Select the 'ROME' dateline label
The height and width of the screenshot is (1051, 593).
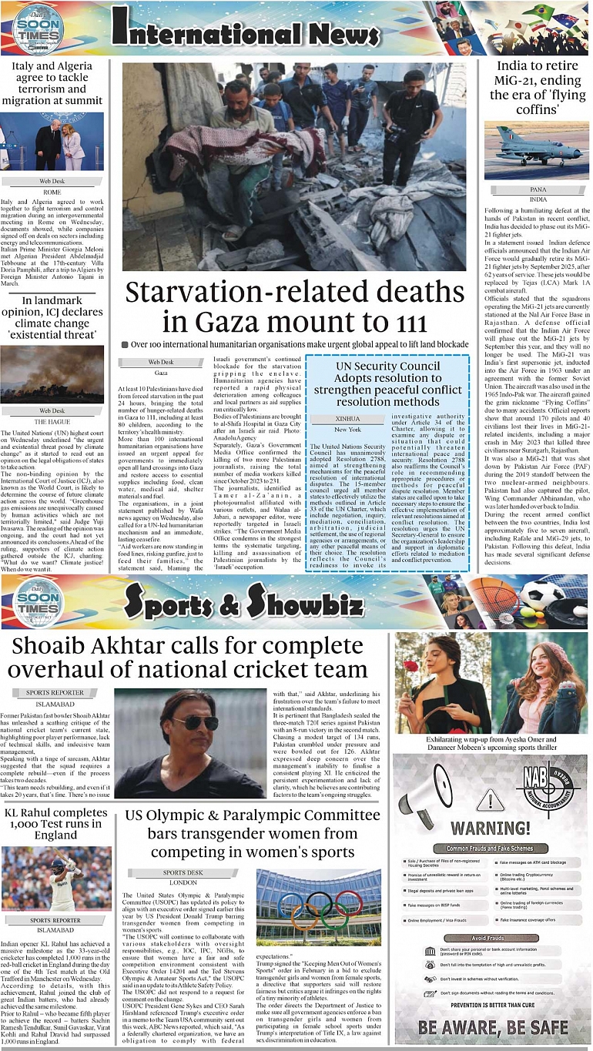52,192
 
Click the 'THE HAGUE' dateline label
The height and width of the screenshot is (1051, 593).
52,422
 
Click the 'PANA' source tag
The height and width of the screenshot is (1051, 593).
538,189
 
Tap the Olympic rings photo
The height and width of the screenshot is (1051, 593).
319,908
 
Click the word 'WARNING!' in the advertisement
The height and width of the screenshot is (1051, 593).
491,828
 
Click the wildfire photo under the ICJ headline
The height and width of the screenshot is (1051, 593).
52,374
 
